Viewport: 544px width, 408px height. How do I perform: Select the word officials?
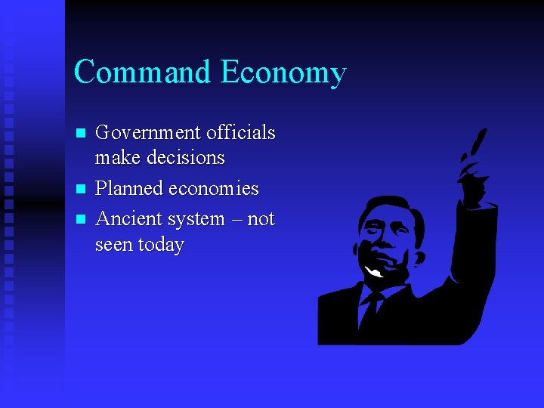click(240, 133)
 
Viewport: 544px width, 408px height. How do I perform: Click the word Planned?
click(130, 189)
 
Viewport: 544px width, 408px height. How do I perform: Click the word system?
click(196, 220)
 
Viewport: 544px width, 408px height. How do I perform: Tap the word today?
click(160, 246)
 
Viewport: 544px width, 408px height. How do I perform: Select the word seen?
click(113, 246)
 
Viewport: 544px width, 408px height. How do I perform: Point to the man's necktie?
click(370, 310)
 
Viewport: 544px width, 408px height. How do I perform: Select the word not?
click(261, 220)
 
